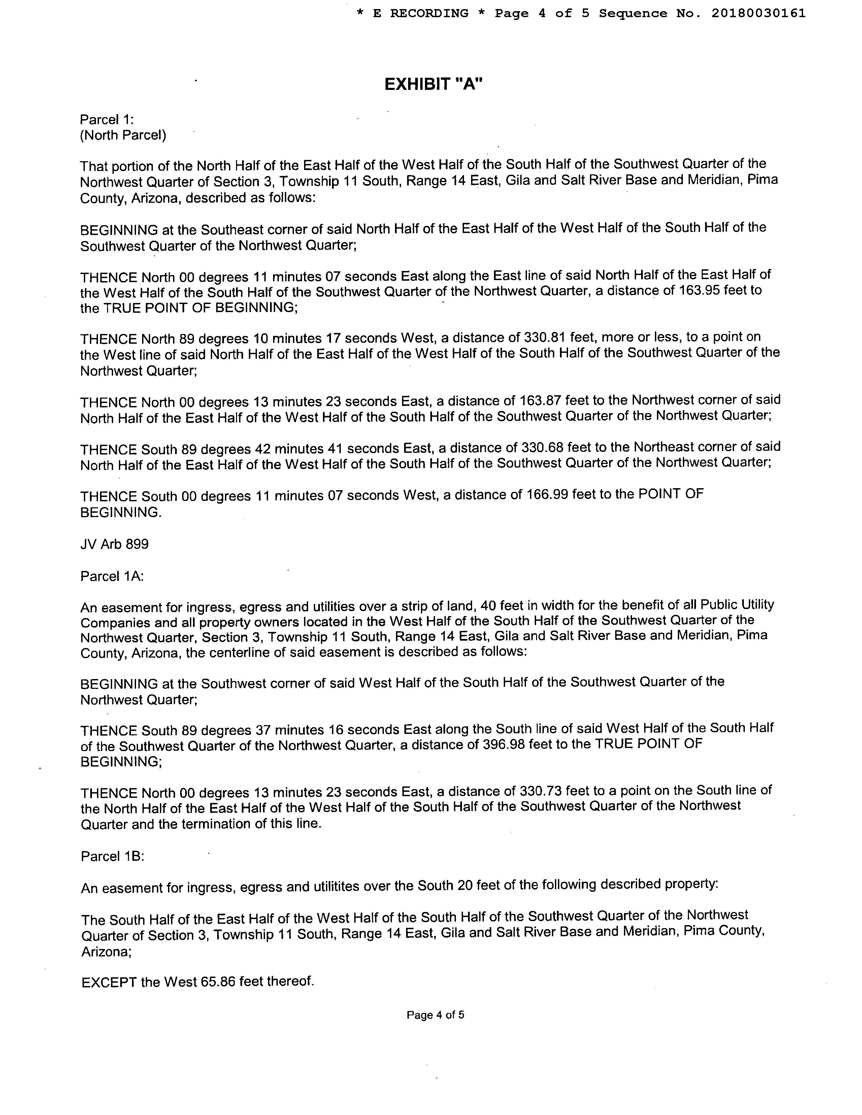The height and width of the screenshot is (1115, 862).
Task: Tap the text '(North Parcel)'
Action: pyautogui.click(x=123, y=135)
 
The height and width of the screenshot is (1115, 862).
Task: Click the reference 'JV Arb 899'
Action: pyautogui.click(x=114, y=544)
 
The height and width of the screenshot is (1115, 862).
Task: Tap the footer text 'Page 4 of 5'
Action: pyautogui.click(x=435, y=1015)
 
